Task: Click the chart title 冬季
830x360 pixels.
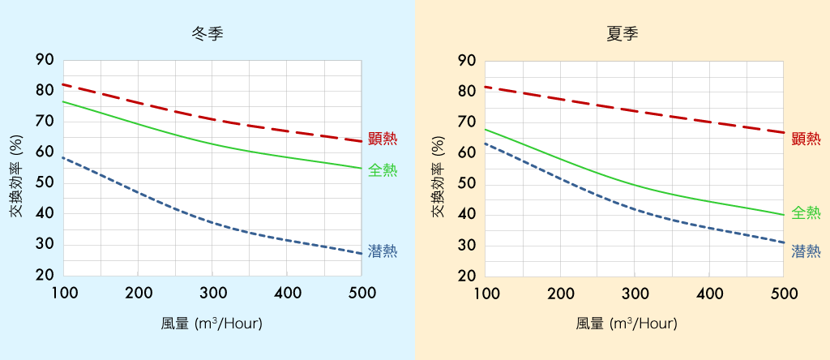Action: click(x=207, y=34)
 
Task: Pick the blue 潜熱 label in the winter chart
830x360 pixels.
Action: click(x=383, y=251)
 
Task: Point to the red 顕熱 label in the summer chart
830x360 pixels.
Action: click(x=806, y=139)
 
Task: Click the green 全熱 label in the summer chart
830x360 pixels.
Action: click(x=806, y=213)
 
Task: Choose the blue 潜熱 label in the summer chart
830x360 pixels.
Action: click(x=806, y=251)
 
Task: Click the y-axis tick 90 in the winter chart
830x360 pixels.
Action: click(x=45, y=60)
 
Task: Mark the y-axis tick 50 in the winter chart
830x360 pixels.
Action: click(x=45, y=183)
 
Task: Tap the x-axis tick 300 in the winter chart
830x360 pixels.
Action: click(x=212, y=293)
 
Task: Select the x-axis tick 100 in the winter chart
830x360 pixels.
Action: click(x=63, y=293)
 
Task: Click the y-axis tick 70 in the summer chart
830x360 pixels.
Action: click(x=468, y=122)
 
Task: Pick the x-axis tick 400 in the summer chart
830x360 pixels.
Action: click(x=709, y=293)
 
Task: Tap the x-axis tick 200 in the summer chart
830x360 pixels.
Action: click(x=560, y=293)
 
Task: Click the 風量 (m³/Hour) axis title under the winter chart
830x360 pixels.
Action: click(x=212, y=323)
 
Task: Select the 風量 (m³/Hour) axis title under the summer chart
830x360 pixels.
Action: click(x=627, y=323)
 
